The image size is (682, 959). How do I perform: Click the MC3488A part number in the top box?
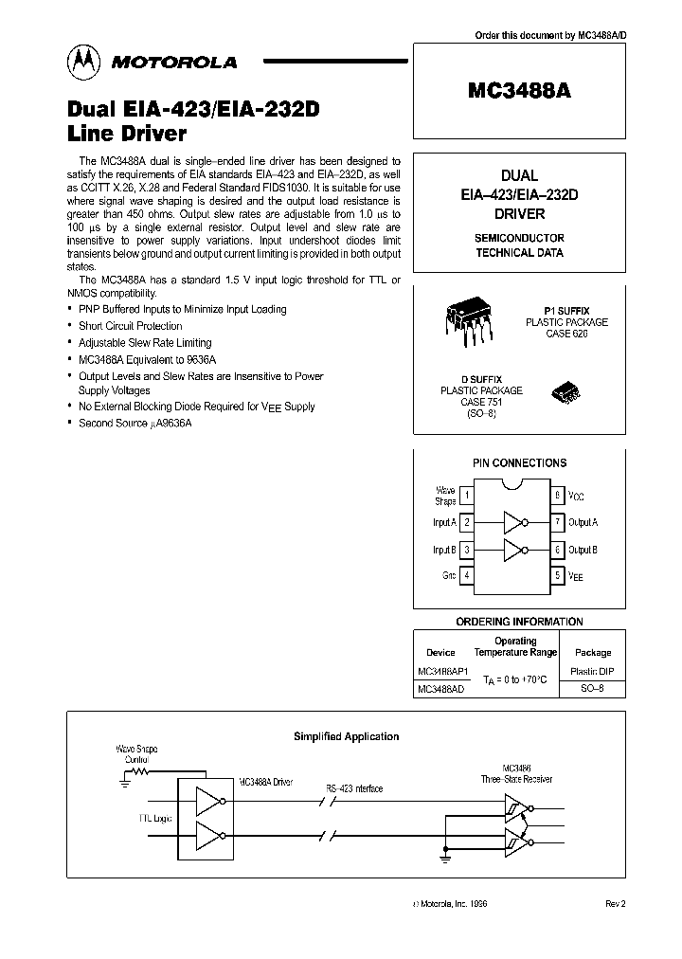click(x=519, y=92)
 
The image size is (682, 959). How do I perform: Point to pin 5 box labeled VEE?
click(x=559, y=575)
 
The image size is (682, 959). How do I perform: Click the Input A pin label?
click(x=444, y=522)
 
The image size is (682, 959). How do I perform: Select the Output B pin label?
click(x=583, y=550)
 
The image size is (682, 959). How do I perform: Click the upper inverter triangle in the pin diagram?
click(x=512, y=522)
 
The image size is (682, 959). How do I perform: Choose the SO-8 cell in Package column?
click(x=593, y=689)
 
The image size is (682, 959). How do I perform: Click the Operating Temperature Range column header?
click(x=516, y=647)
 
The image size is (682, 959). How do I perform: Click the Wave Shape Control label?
click(x=138, y=753)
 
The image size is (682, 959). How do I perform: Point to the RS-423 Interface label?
click(x=354, y=787)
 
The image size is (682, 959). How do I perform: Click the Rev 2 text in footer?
click(x=615, y=904)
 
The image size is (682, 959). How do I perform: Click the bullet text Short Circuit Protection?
click(x=131, y=326)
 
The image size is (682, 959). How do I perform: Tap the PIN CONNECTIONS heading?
click(x=519, y=463)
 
